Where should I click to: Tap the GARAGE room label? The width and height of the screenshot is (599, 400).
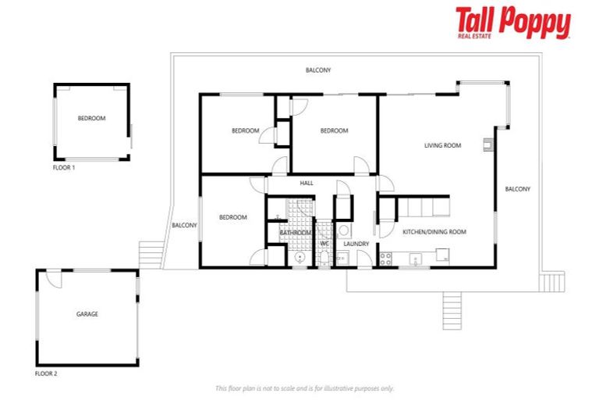point(87,314)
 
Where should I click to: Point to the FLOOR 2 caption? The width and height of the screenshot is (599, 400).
point(46,373)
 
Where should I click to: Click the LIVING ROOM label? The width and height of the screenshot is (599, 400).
point(442,145)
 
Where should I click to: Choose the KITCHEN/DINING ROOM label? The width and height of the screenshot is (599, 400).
point(434,232)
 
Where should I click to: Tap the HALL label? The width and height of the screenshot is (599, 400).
point(307,184)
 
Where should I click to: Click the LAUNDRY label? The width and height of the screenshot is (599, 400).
point(356,244)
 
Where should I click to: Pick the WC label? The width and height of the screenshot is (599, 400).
point(325,244)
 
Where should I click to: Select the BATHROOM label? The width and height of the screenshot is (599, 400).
point(296,233)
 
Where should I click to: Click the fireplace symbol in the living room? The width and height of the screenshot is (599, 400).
point(487,143)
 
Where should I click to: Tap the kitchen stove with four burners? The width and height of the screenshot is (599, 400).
point(385,258)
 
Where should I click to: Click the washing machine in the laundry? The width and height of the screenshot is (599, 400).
point(343,230)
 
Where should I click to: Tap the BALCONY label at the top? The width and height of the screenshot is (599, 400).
point(318,70)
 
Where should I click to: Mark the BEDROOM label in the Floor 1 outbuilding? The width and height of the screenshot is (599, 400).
point(91,119)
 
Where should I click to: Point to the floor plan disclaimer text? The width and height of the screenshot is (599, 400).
point(304,388)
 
